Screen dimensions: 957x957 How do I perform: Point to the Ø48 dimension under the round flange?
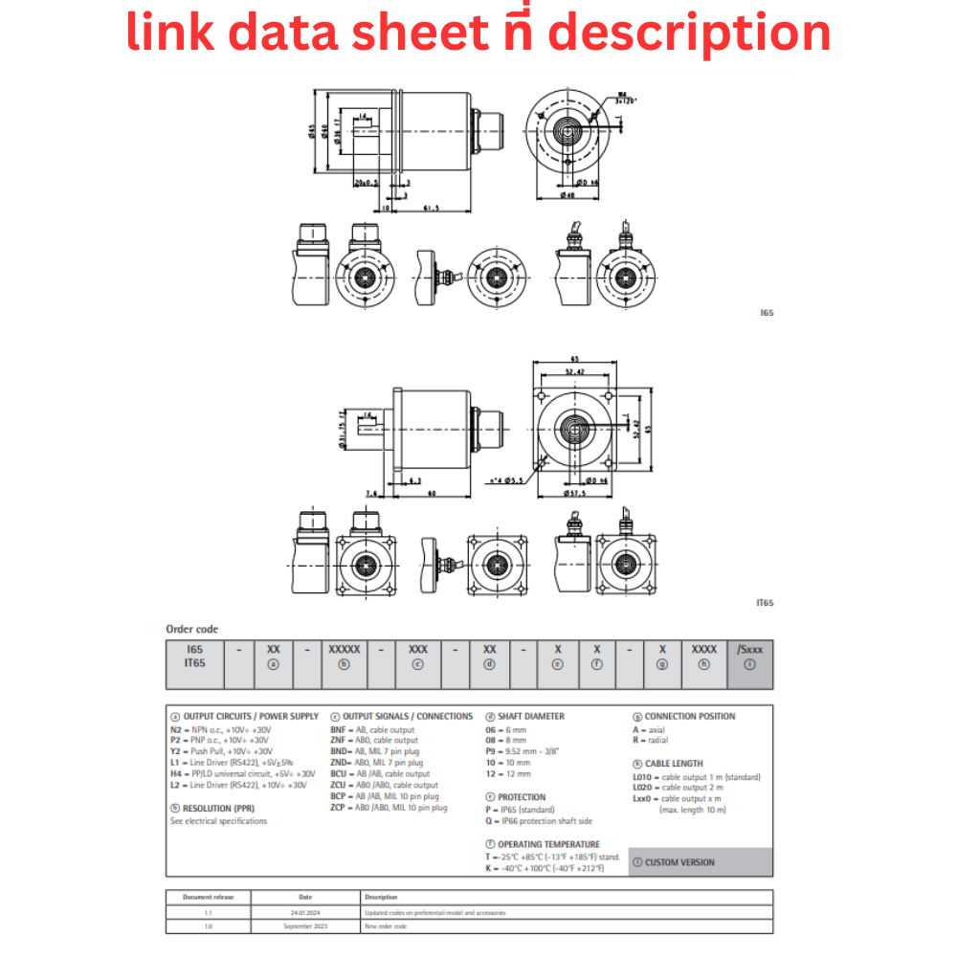568,195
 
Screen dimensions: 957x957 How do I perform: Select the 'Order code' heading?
192,629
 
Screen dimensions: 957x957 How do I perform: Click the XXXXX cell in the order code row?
345,649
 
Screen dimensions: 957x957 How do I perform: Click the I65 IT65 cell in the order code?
195,656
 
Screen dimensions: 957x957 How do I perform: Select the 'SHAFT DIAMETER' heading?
530,716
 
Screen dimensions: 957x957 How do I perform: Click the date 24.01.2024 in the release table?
305,912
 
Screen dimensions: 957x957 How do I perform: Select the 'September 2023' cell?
305,926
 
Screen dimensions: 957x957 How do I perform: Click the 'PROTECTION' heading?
522,796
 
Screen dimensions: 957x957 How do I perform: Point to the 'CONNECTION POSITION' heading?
690,716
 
